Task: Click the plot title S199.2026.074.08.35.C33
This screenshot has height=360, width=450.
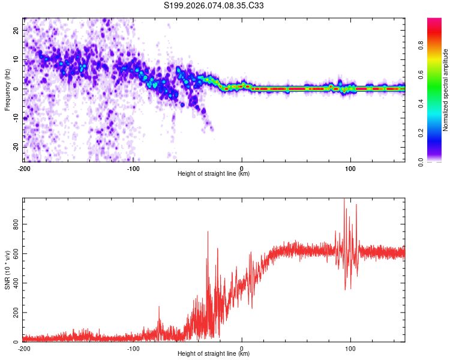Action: click(214, 5)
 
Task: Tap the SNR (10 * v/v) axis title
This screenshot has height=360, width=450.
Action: click(7, 271)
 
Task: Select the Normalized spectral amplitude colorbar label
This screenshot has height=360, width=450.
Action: click(446, 90)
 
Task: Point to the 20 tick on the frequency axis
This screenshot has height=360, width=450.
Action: click(16, 30)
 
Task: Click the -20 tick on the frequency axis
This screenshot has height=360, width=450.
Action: click(15, 147)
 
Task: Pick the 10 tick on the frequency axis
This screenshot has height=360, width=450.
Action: click(16, 59)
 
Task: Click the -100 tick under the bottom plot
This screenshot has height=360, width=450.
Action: click(133, 349)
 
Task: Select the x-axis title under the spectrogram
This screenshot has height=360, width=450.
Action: click(214, 174)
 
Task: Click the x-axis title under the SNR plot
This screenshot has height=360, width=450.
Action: click(214, 354)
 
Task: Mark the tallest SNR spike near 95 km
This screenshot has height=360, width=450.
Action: click(344, 200)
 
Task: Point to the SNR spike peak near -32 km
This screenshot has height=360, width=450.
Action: click(208, 232)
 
